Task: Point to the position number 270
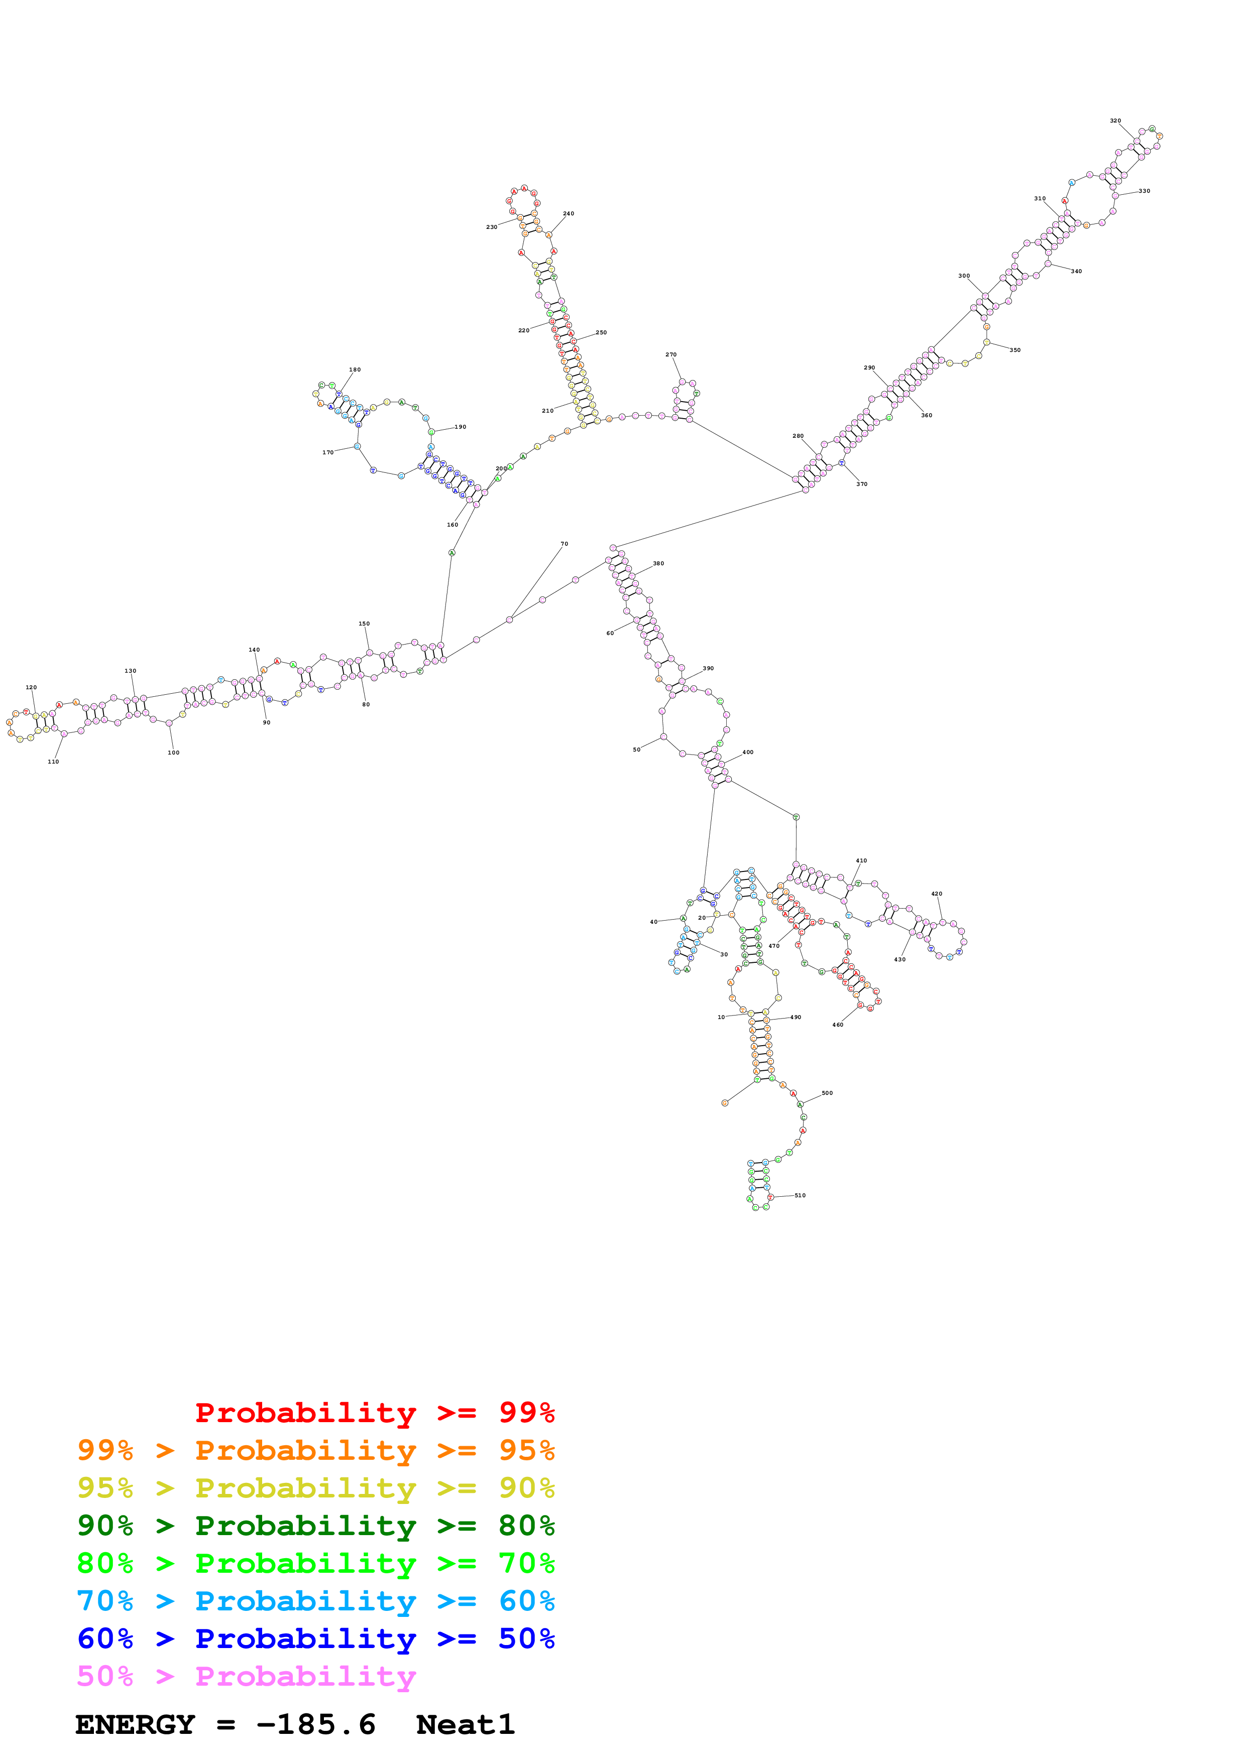(x=670, y=355)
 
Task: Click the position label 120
(x=31, y=688)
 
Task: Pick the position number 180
(x=355, y=369)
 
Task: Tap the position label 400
(x=747, y=752)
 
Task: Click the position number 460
(x=838, y=1025)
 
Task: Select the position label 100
(x=173, y=753)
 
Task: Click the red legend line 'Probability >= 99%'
(x=374, y=1413)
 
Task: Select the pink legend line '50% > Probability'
(x=246, y=1677)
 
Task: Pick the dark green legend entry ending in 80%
(x=316, y=1526)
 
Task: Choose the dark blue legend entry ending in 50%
(x=316, y=1639)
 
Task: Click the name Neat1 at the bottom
(x=465, y=1725)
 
